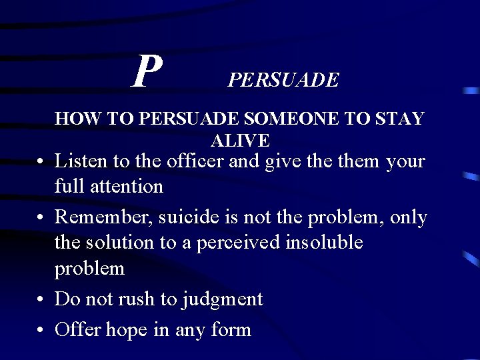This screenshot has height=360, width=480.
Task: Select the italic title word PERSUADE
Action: (283, 81)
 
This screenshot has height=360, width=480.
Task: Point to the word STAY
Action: (399, 119)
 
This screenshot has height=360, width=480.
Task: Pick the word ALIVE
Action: (240, 140)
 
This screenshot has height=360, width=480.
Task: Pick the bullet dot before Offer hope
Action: (41, 330)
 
